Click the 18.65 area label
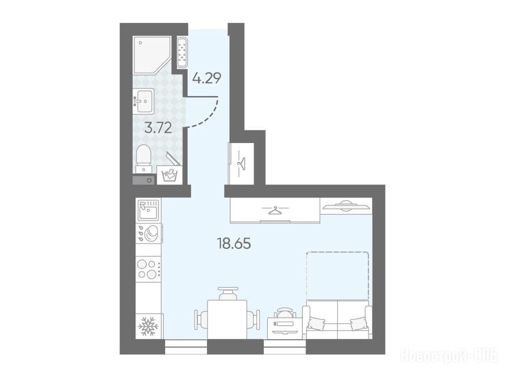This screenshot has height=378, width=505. pyautogui.click(x=234, y=244)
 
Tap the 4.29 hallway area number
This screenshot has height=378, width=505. pyautogui.click(x=207, y=78)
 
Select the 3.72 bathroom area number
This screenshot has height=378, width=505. pyautogui.click(x=158, y=128)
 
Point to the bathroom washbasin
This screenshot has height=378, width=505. pyautogui.click(x=144, y=101)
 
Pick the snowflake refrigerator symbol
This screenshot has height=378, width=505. pyautogui.click(x=148, y=326)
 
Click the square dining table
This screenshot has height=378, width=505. pyautogui.click(x=227, y=319)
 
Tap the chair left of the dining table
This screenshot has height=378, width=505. pyautogui.click(x=200, y=319)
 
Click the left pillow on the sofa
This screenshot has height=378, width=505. pyautogui.click(x=316, y=323)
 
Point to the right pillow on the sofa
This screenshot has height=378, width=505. pyautogui.click(x=358, y=324)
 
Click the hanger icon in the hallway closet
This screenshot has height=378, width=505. pyautogui.click(x=241, y=163)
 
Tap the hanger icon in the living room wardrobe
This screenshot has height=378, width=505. pyautogui.click(x=274, y=210)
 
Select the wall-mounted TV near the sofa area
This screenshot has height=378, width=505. pyautogui.click(x=346, y=206)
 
